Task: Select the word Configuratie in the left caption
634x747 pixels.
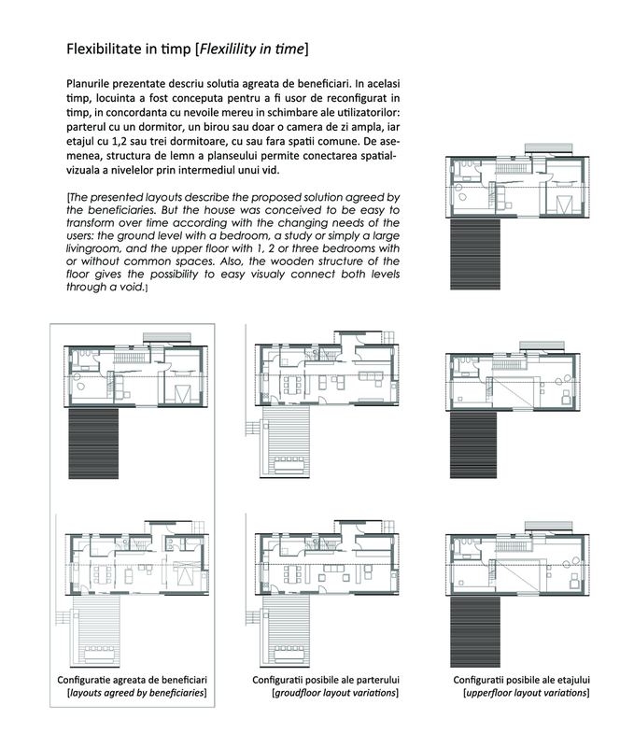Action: click(92, 679)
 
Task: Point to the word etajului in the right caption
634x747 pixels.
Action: click(569, 679)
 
